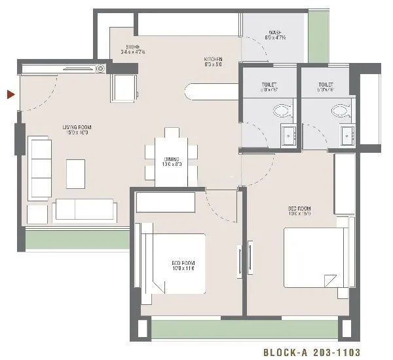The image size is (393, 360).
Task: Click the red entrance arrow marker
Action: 10,95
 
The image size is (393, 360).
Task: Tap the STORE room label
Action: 136,49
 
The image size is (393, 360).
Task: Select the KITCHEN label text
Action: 213,61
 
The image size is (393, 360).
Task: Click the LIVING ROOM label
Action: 75,129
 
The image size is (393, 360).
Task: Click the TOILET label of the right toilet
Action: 326,85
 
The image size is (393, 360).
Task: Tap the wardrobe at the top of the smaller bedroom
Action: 166,202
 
